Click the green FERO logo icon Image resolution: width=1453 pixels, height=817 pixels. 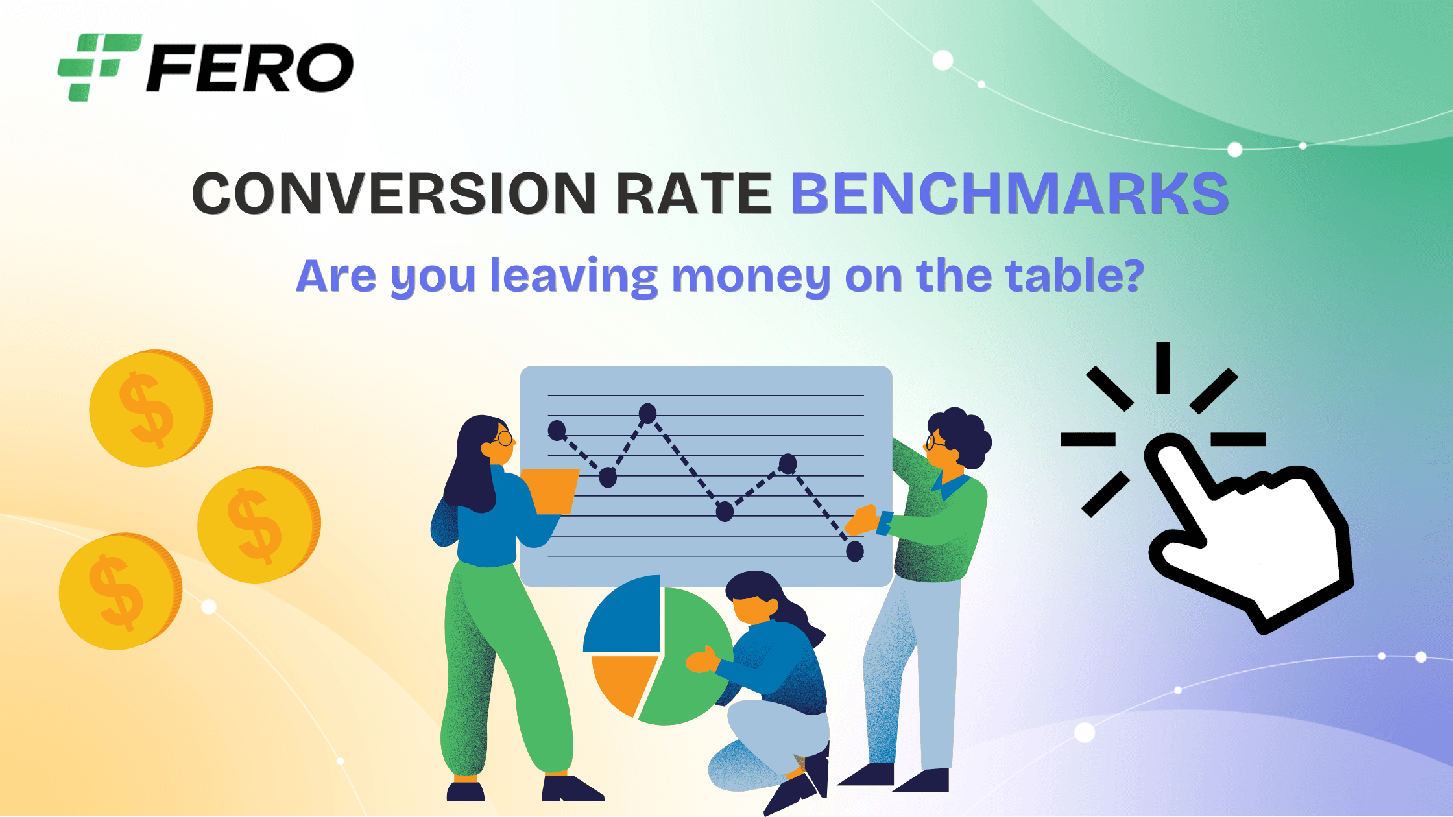pos(99,67)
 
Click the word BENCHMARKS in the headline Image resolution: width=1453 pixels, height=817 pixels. pos(1009,193)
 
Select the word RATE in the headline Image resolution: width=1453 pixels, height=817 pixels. pos(693,193)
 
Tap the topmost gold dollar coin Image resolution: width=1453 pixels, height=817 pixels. pos(151,408)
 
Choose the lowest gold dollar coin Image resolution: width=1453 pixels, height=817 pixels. pos(121,591)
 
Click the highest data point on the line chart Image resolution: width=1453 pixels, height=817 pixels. pos(647,413)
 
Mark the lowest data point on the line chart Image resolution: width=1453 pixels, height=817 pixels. pos(855,551)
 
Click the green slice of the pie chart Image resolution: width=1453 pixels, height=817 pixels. pos(688,661)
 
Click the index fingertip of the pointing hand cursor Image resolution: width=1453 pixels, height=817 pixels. pos(1165,447)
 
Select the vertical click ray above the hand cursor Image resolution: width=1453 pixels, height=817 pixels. pos(1163,368)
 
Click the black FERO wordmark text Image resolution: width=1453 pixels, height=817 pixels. pos(250,67)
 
